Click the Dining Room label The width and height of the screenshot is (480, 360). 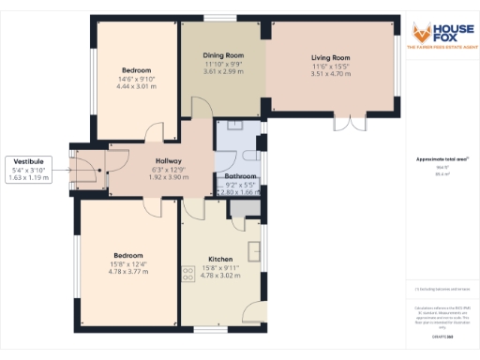[x=223, y=55]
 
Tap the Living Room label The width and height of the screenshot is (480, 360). [x=330, y=58]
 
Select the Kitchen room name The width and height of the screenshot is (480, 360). [x=220, y=259]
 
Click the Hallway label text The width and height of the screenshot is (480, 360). [x=170, y=161]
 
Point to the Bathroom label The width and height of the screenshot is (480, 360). [x=241, y=176]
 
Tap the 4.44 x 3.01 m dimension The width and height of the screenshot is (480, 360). [x=138, y=86]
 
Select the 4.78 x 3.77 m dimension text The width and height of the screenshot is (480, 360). [x=128, y=271]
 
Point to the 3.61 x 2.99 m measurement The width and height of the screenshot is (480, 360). [x=223, y=70]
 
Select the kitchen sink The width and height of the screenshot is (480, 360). [x=254, y=249]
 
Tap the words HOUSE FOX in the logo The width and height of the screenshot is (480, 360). [x=452, y=31]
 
